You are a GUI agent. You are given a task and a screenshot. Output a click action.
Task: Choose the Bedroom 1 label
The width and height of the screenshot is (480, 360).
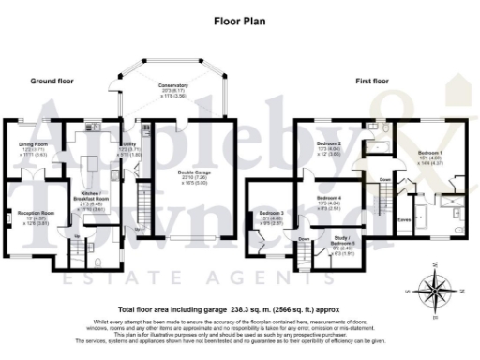[427, 151]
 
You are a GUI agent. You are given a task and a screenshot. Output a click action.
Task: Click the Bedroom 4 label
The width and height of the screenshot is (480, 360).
[328, 199]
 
